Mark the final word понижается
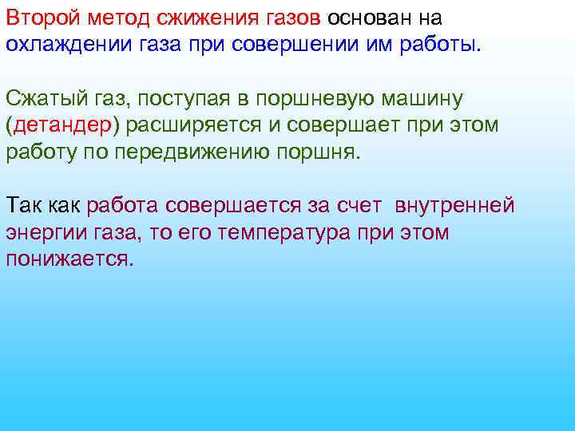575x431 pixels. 70,259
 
